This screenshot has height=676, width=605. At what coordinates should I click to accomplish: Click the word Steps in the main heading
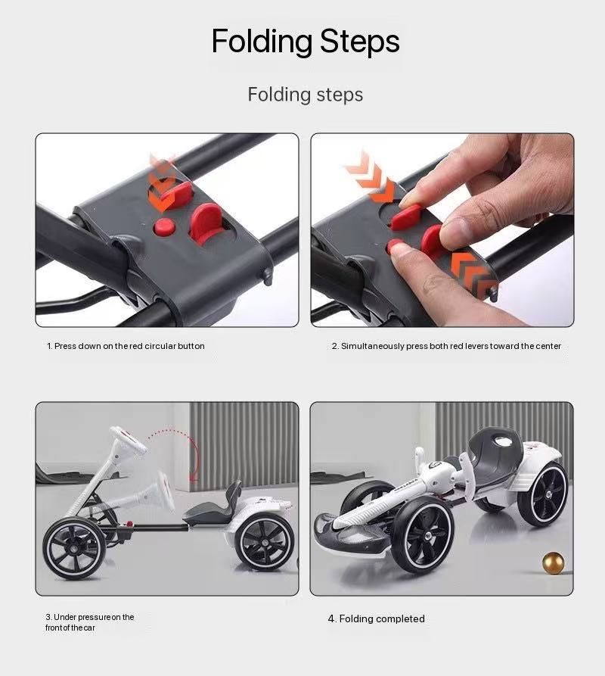(x=359, y=42)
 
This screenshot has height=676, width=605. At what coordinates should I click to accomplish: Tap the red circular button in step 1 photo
(x=163, y=227)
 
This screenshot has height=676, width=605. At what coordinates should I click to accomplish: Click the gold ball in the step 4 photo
(x=553, y=562)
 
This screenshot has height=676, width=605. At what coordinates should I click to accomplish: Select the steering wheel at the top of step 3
(x=129, y=439)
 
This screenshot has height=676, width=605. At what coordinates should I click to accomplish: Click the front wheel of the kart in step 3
(x=73, y=548)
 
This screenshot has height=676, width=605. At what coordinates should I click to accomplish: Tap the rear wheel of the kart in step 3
(x=265, y=542)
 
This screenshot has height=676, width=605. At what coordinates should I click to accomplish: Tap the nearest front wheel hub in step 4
(x=427, y=535)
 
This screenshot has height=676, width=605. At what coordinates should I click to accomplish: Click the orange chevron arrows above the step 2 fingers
(x=371, y=178)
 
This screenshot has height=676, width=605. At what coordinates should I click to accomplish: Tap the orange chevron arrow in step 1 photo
(x=163, y=183)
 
